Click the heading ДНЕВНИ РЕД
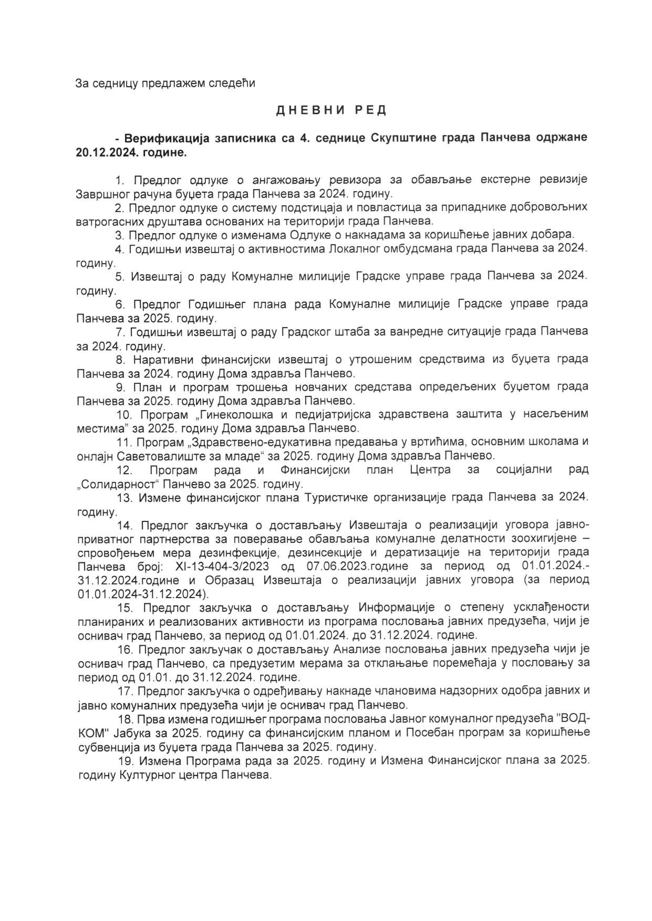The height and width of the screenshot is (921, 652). click(x=331, y=110)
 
